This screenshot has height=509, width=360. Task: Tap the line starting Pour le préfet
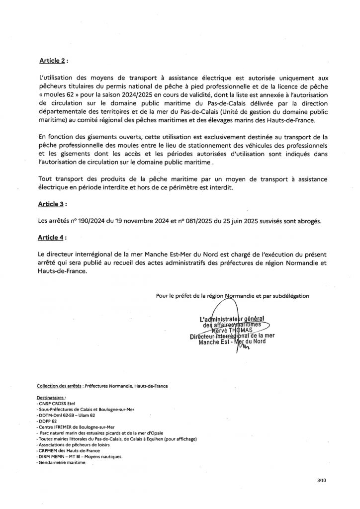tap(232, 295)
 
